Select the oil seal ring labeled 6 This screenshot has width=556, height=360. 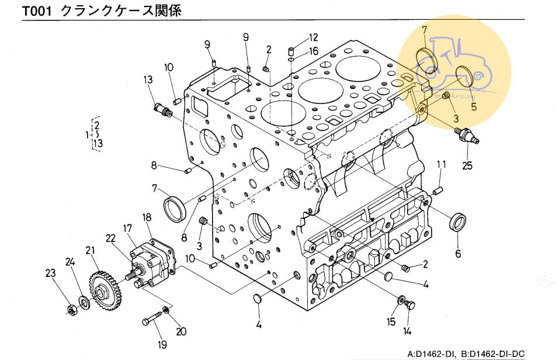[x=458, y=222]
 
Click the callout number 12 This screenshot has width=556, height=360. [x=313, y=38]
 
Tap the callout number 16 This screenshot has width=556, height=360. [x=314, y=51]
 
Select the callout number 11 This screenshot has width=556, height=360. [x=442, y=165]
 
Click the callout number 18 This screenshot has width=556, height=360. [x=147, y=217]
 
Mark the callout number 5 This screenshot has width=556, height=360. [x=474, y=106]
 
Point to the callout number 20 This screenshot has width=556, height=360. [x=181, y=331]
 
